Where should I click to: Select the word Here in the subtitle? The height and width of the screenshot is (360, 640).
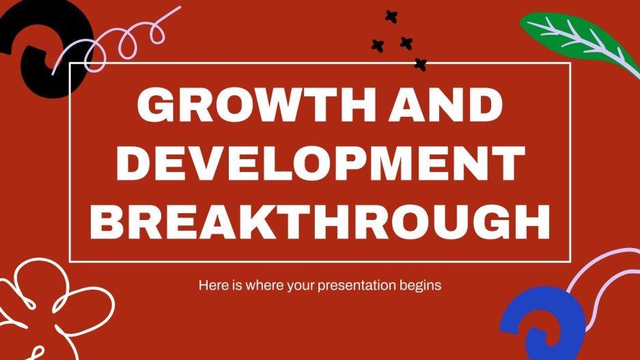[211, 285]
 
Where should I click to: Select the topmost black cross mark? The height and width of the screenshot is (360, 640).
[391, 17]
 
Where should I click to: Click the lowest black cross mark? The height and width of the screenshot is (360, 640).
[421, 65]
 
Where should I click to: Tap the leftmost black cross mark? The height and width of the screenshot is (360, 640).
[376, 45]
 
